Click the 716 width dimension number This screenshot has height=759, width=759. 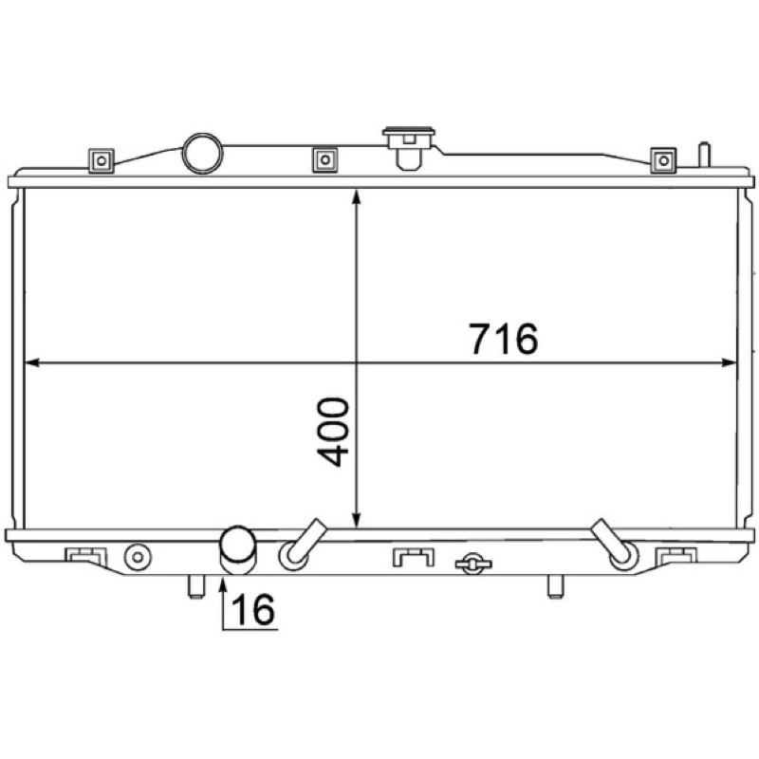(504, 339)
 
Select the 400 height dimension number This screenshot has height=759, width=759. (333, 432)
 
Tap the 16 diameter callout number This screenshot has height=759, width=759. (253, 609)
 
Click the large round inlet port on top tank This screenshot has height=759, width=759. (202, 154)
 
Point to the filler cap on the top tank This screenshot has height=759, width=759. (409, 148)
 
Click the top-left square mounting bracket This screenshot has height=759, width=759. (102, 160)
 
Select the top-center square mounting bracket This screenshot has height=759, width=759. (325, 159)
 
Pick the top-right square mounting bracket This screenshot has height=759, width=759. (663, 160)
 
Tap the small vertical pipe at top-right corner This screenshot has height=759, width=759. (704, 155)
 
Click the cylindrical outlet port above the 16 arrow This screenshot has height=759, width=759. (238, 550)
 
